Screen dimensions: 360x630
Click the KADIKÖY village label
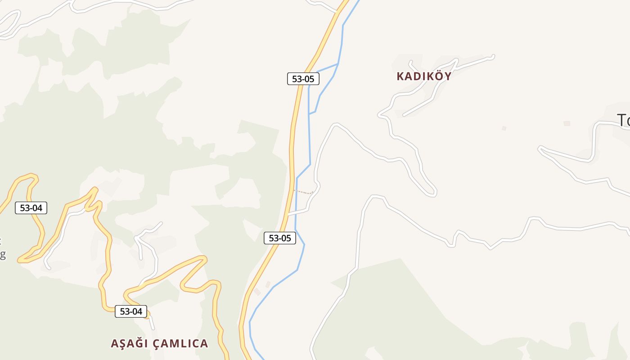click(x=424, y=76)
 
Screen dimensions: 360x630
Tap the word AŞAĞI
click(x=130, y=343)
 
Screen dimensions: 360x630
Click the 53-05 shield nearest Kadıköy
click(x=303, y=79)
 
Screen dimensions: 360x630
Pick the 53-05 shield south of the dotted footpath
click(x=280, y=238)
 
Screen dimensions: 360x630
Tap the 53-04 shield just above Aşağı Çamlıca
click(x=131, y=311)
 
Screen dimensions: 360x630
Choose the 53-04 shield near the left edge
click(x=31, y=207)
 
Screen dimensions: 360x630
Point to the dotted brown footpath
click(x=303, y=192)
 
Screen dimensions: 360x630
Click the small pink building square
click(x=567, y=123)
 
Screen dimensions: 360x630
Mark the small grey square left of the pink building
click(x=504, y=128)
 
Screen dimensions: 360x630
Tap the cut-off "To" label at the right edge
click(x=623, y=121)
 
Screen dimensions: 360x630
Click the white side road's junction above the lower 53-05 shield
click(x=288, y=215)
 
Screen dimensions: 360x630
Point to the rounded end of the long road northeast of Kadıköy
click(x=493, y=57)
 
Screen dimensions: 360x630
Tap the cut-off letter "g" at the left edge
click(x=2, y=254)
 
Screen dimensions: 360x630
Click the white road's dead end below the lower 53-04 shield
click(x=153, y=328)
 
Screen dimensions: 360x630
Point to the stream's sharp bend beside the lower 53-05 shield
click(x=304, y=244)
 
